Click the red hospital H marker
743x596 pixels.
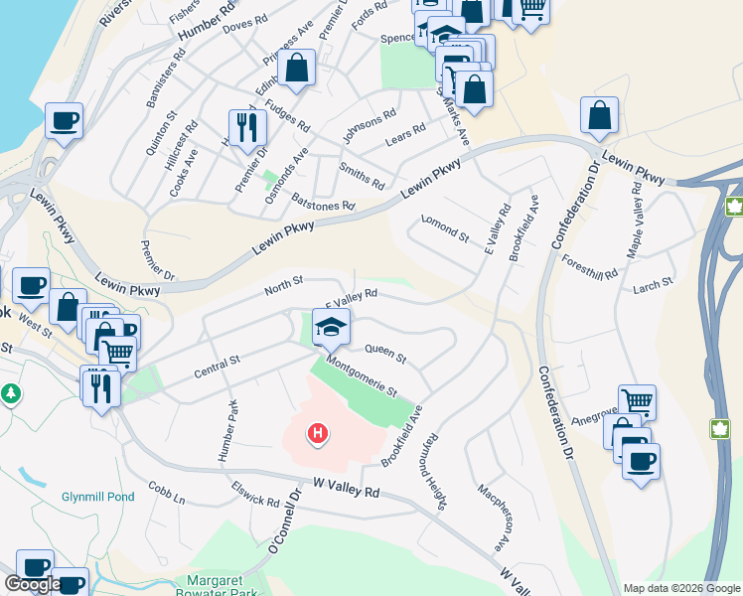pos(318,434)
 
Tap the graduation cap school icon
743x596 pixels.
pos(331,325)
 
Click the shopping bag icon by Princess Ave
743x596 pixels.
pos(297,68)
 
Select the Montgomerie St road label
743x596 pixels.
pos(362,377)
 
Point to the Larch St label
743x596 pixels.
pos(653,285)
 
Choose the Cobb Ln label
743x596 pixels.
pos(167,493)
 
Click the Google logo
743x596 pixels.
pos(33,584)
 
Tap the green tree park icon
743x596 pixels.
pos(11,394)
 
